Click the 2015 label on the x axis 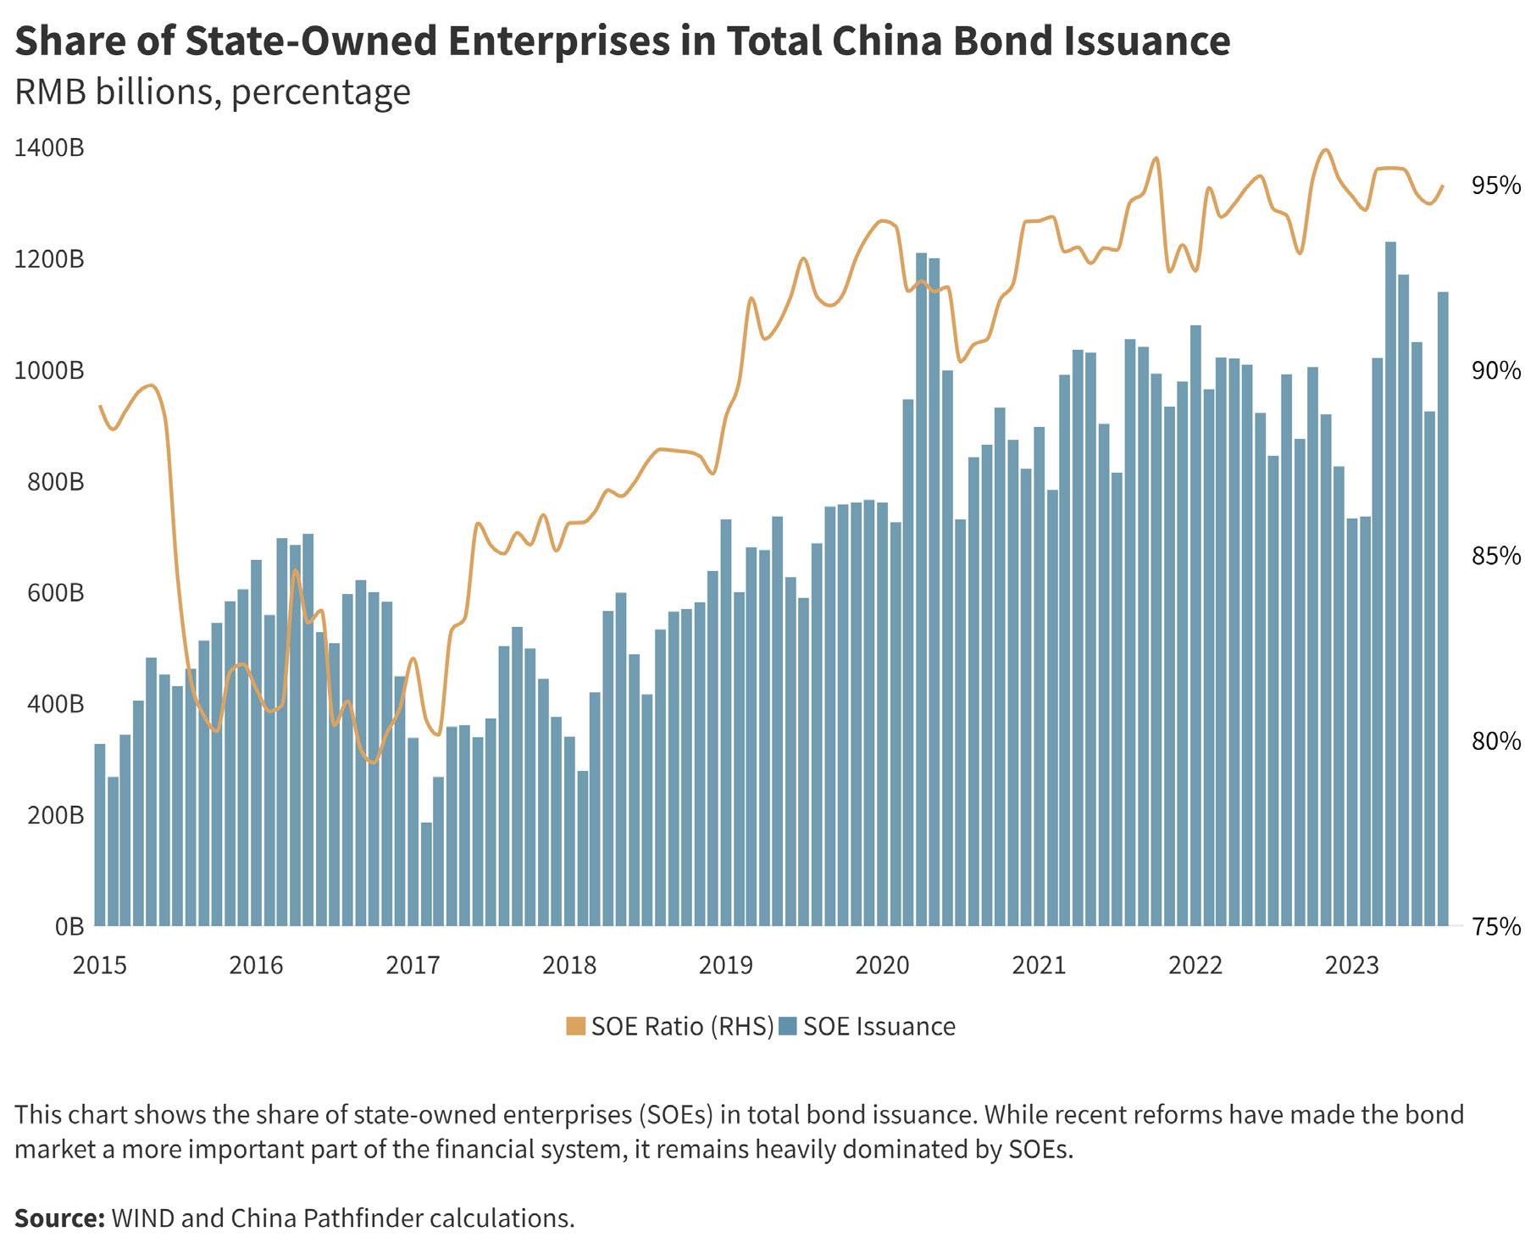coord(100,966)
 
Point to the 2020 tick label coord(883,966)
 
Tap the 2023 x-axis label coord(1353,966)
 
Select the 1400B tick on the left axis coord(49,148)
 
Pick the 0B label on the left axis coord(69,926)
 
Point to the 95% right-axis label coord(1496,186)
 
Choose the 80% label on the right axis coord(1496,741)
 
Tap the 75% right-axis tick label coord(1496,927)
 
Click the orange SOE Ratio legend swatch coord(576,1027)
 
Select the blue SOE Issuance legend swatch coord(788,1027)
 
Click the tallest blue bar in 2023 coord(1390,585)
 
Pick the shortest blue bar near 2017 coord(426,874)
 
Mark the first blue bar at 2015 coord(100,835)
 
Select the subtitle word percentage coord(321,92)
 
